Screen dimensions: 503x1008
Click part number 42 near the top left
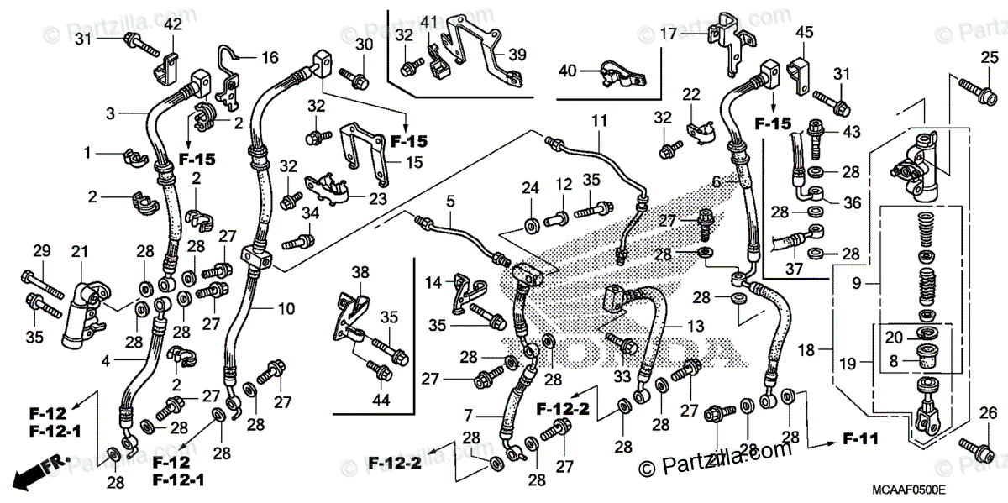point(173,24)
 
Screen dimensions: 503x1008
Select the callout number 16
point(269,58)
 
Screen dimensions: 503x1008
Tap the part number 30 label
point(363,44)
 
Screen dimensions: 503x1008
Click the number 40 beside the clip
point(568,71)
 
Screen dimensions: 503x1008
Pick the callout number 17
point(668,34)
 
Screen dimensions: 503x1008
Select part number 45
point(805,32)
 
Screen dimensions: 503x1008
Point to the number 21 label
point(79,253)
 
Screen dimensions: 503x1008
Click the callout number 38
point(360,272)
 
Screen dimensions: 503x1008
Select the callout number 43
point(852,133)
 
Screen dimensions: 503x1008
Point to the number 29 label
point(41,250)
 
